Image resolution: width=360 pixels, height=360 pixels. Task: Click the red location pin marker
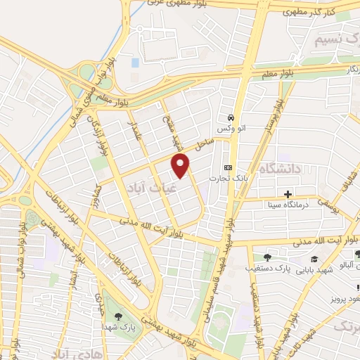(181, 166)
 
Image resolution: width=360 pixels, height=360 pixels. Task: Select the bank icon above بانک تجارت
(228, 167)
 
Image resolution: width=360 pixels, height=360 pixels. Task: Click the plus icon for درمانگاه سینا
(287, 193)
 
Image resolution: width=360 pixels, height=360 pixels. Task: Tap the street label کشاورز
(96, 198)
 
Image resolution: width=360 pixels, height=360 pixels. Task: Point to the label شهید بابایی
(312, 269)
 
